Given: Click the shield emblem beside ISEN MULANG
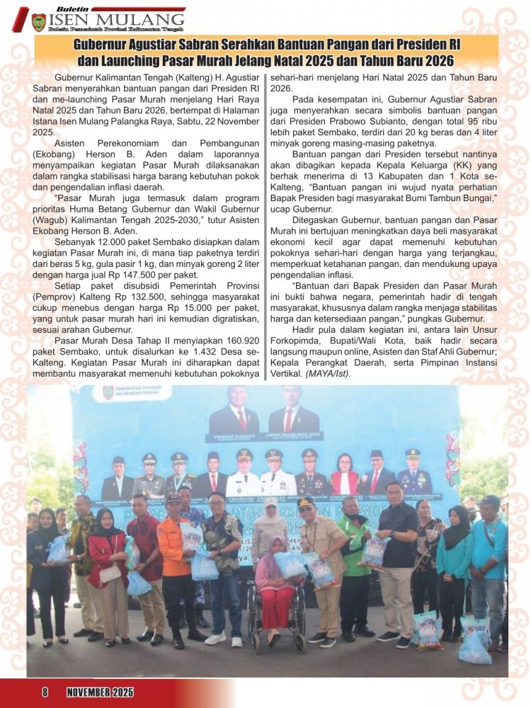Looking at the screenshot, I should (x=38, y=22).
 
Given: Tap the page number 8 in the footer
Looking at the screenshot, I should (x=45, y=692).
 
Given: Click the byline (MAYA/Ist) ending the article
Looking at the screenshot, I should (x=328, y=372).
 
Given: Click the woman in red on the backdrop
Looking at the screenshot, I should (x=345, y=475).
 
